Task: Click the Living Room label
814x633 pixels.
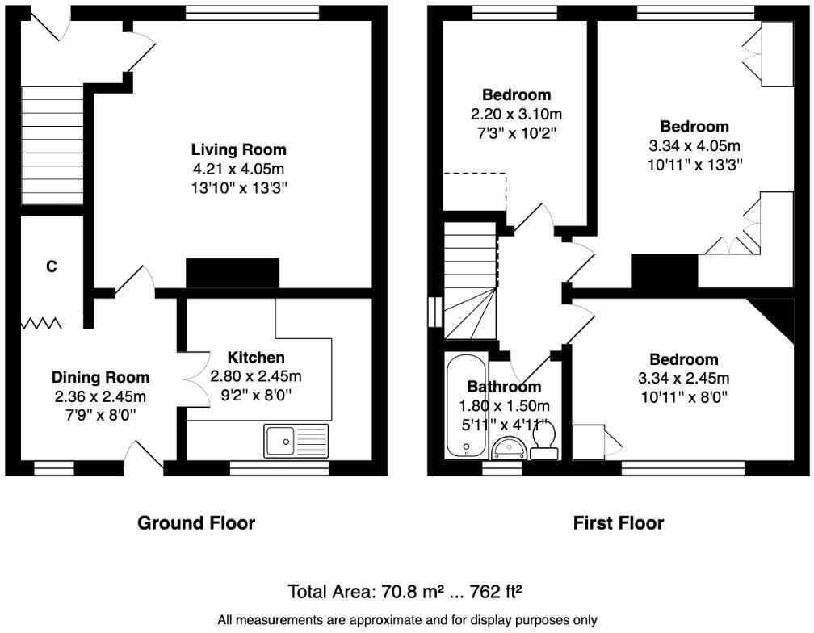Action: coord(238,149)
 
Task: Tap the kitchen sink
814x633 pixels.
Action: coord(296,441)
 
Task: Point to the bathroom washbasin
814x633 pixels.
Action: coord(509,447)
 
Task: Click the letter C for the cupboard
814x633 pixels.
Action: coord(51,266)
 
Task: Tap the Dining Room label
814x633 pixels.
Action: coord(100,377)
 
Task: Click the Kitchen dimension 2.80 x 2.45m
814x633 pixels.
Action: coord(255,376)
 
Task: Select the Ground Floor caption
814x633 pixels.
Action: coord(196,523)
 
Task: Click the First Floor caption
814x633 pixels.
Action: coord(619,523)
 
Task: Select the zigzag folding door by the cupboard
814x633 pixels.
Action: coord(41,324)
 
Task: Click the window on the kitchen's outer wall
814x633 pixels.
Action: coord(279,467)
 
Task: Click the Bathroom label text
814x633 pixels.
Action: coord(504,387)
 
